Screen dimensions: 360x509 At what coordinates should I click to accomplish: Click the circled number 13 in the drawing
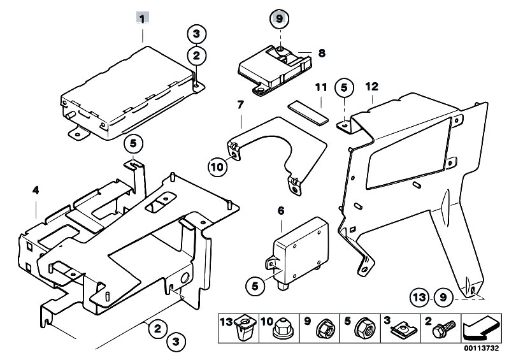coord(417,297)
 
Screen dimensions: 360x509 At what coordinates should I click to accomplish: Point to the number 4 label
coord(36,189)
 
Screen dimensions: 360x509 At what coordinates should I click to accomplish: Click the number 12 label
coord(372,86)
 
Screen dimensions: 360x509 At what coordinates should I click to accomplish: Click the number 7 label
coord(241,103)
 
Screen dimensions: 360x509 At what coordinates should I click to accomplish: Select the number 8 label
coord(322,54)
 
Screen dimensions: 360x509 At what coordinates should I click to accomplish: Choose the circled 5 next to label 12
coord(344,87)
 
